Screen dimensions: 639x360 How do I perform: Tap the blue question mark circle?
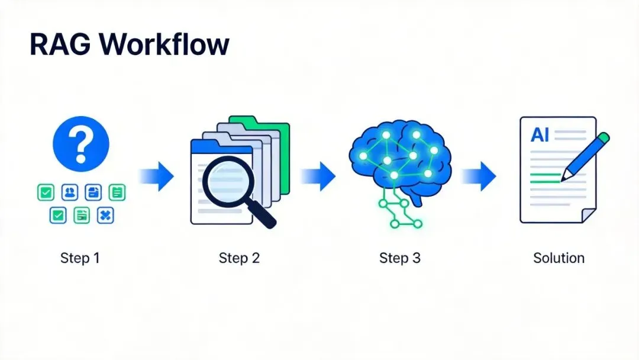pos(81,144)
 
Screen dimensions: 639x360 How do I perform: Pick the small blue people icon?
pos(70,192)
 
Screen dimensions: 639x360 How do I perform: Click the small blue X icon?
pos(105,216)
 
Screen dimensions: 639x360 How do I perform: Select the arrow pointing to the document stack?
pos(157,176)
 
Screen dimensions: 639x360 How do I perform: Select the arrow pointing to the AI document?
pos(479,176)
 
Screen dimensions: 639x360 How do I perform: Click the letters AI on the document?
pos(540,135)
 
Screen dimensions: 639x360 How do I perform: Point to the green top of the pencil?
pos(602,139)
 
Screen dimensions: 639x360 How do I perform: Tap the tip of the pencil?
pos(564,177)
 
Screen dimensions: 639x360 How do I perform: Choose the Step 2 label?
pos(239,258)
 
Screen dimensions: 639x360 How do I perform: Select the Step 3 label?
pos(399,258)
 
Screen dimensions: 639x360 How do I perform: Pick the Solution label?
pos(559,258)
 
